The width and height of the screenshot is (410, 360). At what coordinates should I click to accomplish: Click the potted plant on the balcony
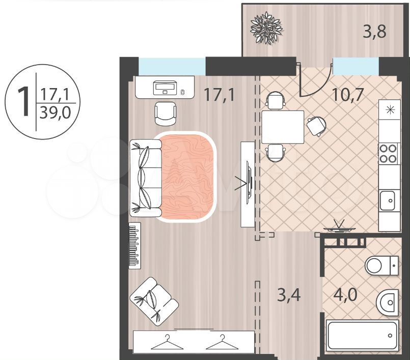click(x=266, y=28)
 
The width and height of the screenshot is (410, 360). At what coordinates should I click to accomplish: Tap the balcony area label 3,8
click(x=374, y=32)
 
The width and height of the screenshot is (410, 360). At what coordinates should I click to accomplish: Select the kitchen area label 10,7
click(x=348, y=94)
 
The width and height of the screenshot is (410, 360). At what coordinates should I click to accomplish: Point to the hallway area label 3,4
click(x=289, y=295)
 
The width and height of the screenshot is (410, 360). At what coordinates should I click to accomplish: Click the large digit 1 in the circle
click(x=24, y=101)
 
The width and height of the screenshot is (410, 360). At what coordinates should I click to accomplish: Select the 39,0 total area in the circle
click(x=55, y=113)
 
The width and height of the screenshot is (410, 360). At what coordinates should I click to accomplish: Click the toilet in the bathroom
click(x=381, y=265)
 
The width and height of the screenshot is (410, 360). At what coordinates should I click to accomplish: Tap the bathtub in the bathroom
click(x=363, y=336)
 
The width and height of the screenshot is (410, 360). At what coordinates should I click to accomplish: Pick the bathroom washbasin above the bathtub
click(x=388, y=302)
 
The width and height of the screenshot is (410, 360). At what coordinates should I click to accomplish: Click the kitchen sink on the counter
click(x=388, y=201)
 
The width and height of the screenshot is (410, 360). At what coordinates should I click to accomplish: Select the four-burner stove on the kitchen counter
click(x=388, y=153)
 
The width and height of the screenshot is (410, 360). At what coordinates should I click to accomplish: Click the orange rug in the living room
click(x=188, y=177)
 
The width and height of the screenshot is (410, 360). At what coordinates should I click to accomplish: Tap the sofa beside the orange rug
click(x=146, y=178)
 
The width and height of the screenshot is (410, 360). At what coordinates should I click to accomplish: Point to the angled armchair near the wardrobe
click(x=154, y=301)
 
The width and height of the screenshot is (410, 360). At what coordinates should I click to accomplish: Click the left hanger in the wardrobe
click(x=167, y=342)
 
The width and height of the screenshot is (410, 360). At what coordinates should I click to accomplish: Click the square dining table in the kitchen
click(x=283, y=127)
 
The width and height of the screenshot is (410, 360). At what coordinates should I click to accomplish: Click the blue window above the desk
click(x=172, y=66)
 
